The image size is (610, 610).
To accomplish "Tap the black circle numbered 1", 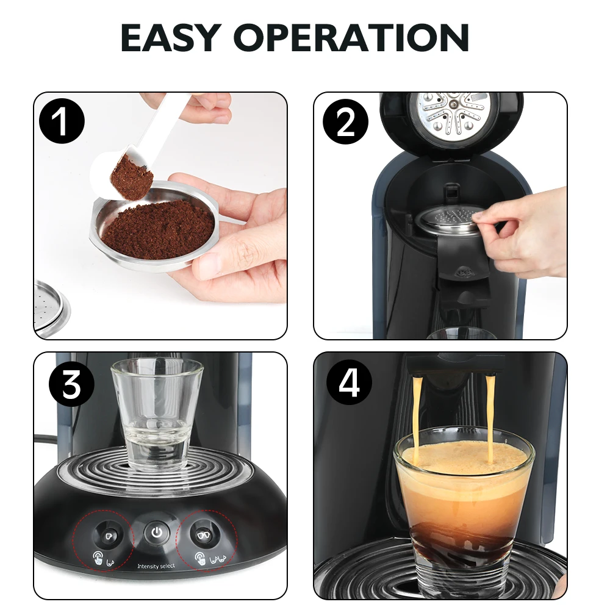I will tap(61, 123).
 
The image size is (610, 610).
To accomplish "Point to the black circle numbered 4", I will tap(349, 385).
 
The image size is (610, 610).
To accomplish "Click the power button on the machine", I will tap(157, 533).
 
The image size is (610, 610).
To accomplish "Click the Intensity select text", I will tap(156, 567).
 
